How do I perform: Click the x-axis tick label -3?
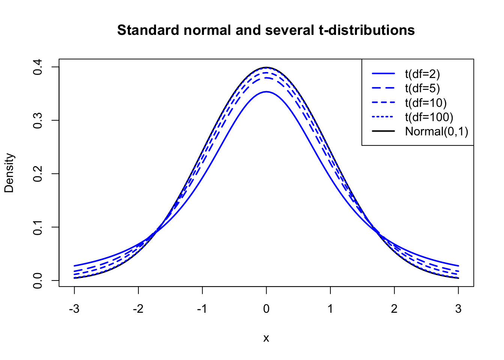[74, 309]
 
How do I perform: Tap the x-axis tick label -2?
[138, 309]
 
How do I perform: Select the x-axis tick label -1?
[202, 309]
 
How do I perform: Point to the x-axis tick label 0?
[266, 309]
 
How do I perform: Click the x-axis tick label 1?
[330, 309]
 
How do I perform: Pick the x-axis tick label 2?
[394, 309]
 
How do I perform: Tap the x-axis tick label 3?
[458, 309]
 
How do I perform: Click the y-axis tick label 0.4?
[38, 67]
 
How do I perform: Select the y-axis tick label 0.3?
[38, 120]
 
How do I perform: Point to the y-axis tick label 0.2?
[38, 174]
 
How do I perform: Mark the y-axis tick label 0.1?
[38, 227]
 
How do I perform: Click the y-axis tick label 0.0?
[38, 280]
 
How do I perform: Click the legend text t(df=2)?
[422, 74]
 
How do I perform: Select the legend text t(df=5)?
[422, 88]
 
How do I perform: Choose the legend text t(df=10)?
[426, 103]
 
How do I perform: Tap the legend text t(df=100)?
[429, 117]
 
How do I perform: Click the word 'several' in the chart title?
[289, 30]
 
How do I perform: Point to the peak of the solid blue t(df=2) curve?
[266, 91]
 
